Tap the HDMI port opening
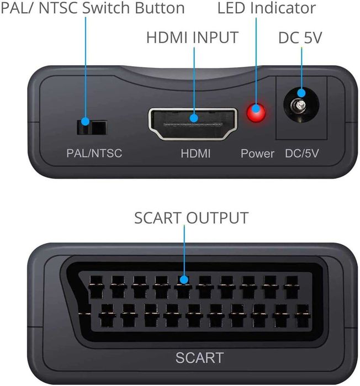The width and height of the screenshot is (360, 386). [x=192, y=122]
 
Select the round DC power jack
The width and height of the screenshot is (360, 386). [x=300, y=108]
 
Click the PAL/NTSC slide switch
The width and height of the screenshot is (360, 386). [x=92, y=128]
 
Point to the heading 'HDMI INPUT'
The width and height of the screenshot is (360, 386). [x=192, y=38]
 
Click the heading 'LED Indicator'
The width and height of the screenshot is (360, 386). [x=266, y=8]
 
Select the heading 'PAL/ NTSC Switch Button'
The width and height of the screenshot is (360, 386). [x=93, y=8]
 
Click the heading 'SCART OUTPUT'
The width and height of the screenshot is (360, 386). [x=191, y=218]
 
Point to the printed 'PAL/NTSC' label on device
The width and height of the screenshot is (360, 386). [x=94, y=153]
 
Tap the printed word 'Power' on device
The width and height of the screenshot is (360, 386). [x=257, y=153]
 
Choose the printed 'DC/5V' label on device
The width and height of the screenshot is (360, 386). [x=301, y=153]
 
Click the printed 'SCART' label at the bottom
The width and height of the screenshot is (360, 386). [x=200, y=357]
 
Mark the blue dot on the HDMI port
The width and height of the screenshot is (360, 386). [x=194, y=118]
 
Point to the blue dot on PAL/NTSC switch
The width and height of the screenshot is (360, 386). [x=86, y=121]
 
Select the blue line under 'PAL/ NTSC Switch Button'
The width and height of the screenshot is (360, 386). [x=86, y=66]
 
